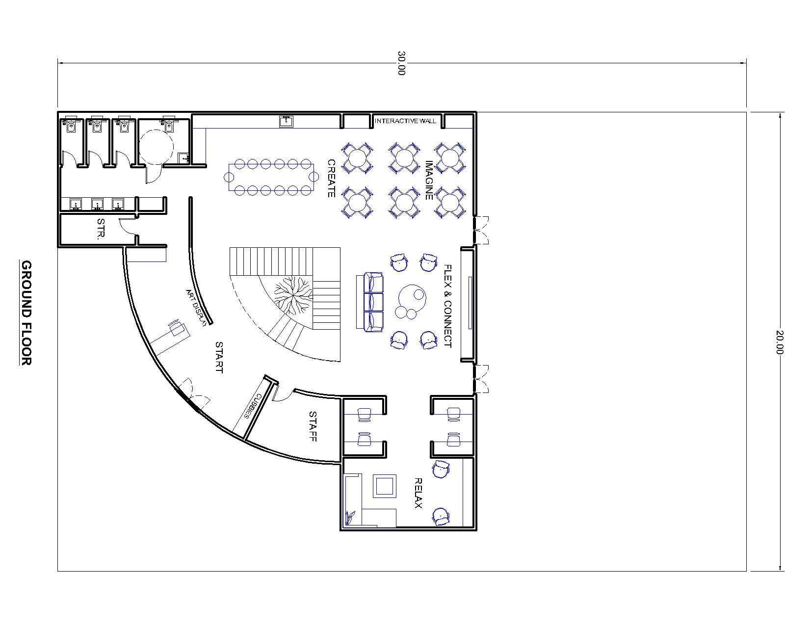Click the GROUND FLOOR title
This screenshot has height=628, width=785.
point(26,313)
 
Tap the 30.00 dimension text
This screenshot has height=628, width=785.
point(401,63)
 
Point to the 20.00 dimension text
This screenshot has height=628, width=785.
point(779,342)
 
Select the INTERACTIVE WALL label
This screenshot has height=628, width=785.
point(405,121)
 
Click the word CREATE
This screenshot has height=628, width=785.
point(331,179)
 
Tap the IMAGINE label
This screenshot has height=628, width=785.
point(429,180)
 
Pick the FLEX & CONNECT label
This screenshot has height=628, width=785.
point(448,306)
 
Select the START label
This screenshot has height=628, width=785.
point(219,357)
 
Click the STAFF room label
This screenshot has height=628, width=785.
point(313,426)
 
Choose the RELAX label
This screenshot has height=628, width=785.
point(418,494)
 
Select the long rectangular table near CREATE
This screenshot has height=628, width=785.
point(271,177)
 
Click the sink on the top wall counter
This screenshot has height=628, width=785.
point(287,121)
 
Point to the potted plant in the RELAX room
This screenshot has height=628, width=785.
point(350,518)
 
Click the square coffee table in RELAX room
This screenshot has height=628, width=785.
point(385,486)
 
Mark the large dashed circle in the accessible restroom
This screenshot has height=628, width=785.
point(157,147)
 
